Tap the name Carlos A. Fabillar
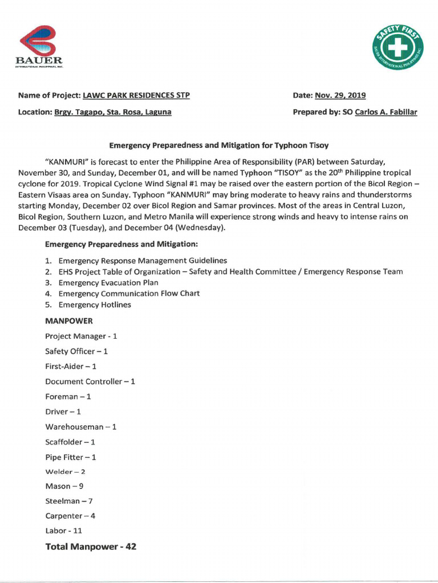[386, 112]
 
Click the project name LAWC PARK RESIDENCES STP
[136, 95]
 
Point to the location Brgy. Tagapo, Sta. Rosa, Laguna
[113, 112]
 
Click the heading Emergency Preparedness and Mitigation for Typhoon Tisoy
[219, 145]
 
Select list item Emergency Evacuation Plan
[108, 282]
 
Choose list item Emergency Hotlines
[95, 305]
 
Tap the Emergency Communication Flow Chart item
[129, 293]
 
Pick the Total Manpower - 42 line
[91, 547]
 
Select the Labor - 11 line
[64, 531]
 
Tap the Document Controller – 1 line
[90, 381]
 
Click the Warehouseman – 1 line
[80, 426]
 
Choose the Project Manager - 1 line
[81, 336]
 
